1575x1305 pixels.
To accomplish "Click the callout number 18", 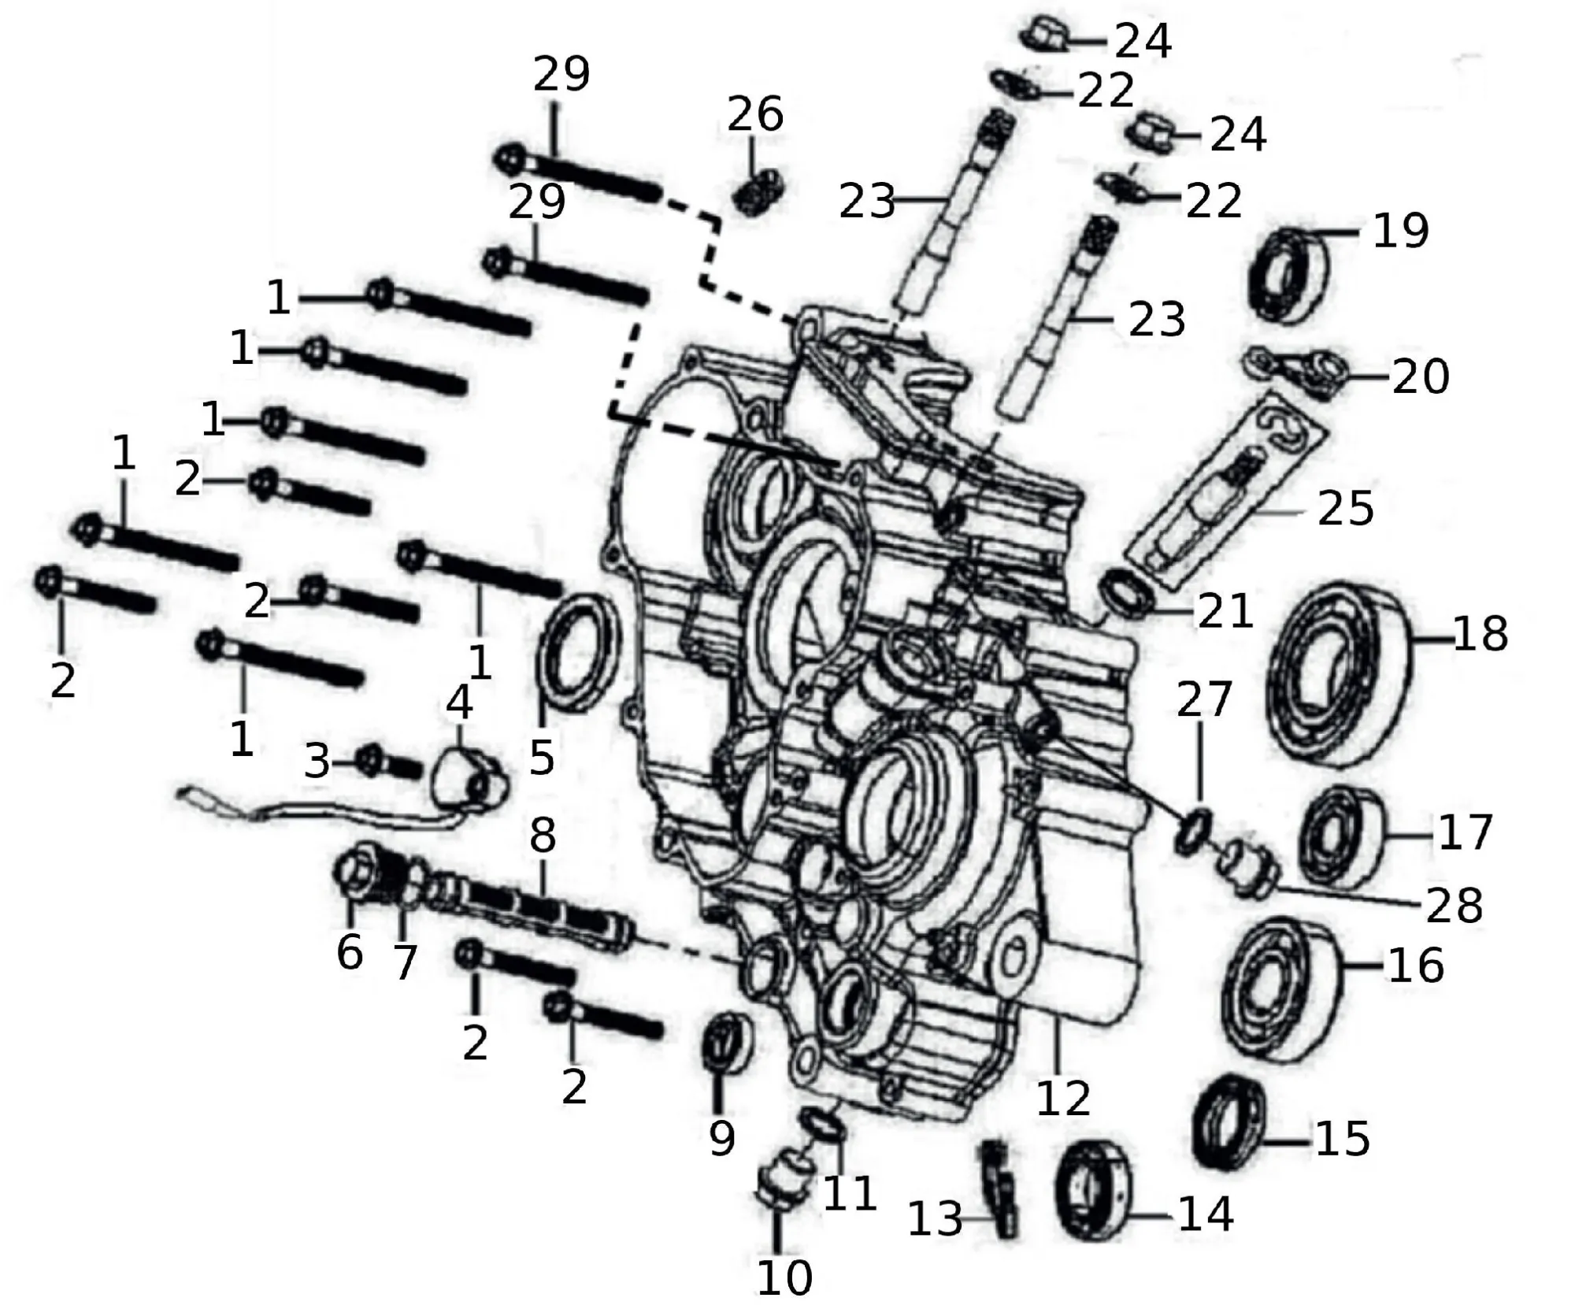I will [x=1480, y=635].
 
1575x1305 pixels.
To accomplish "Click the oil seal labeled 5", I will [x=579, y=654].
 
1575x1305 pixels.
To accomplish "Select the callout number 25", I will [x=1346, y=509].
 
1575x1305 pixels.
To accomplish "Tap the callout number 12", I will [x=1063, y=1098].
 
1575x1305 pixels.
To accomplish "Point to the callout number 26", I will [x=754, y=115].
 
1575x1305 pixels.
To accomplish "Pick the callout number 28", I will [x=1454, y=906].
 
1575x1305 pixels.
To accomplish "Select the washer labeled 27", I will [x=1193, y=828].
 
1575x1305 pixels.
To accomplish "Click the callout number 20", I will [x=1420, y=376].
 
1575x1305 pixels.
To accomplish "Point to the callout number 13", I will [x=935, y=1219].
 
